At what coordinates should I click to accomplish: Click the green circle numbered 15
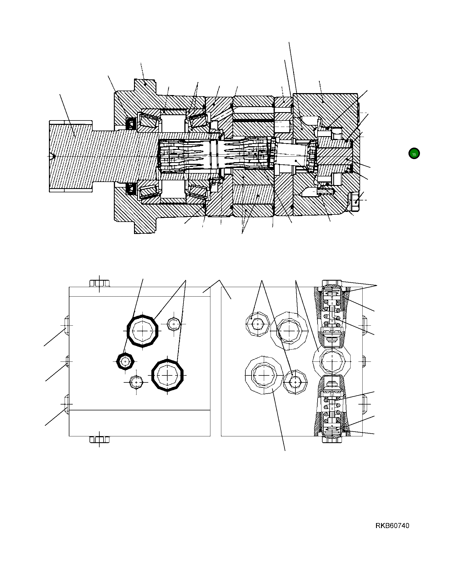[414, 153]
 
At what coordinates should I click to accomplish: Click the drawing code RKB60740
[392, 526]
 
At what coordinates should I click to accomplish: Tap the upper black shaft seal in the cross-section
[131, 124]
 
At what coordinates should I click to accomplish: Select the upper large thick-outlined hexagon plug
[142, 331]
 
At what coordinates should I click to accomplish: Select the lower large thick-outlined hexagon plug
[167, 375]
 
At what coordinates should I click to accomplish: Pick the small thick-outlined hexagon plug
[125, 361]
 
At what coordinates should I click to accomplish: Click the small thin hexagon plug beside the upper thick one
[174, 324]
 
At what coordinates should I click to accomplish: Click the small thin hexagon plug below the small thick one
[136, 382]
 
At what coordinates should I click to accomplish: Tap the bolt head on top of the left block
[99, 283]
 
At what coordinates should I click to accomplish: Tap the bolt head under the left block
[99, 439]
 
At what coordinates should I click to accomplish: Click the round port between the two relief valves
[332, 361]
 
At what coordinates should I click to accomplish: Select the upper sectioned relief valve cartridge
[332, 313]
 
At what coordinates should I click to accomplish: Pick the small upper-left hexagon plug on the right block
[258, 324]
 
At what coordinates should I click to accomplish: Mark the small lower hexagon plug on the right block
[295, 382]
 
